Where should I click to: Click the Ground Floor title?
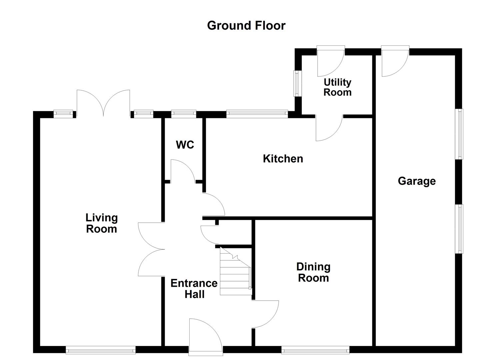pos(246,26)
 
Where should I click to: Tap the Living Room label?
pos(102,223)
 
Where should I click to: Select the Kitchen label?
pos(283,159)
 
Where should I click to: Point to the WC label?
pos(185,145)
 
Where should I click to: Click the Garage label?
pos(417,181)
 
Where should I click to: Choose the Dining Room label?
pos(313,272)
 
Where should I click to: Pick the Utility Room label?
pos(337,87)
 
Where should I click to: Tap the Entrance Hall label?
pos(194,289)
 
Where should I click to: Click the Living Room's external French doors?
pos(103,103)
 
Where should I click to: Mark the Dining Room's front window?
pos(315,350)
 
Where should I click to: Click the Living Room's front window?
pos(101,350)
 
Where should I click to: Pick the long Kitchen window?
pos(257,114)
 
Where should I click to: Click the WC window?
pos(184,114)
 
